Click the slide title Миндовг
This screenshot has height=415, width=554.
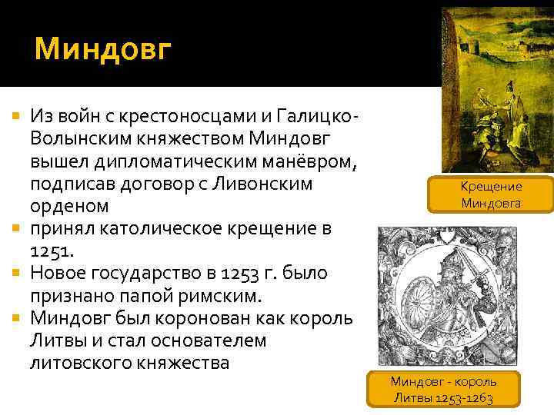click(104, 51)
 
